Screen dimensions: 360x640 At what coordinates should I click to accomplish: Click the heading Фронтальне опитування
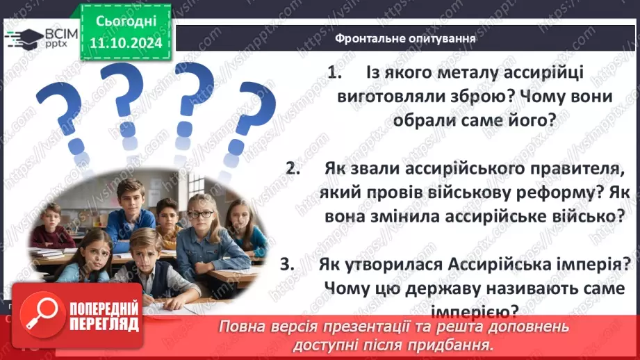[405, 38]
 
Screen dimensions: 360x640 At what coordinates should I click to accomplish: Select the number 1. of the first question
[336, 73]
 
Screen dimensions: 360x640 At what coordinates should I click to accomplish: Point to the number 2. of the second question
[293, 169]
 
